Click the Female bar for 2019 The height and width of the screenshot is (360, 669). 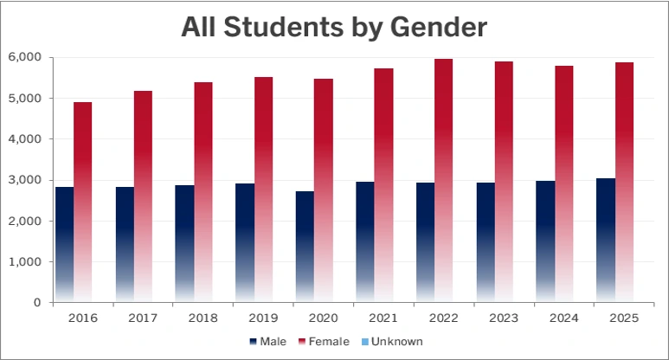tap(263, 190)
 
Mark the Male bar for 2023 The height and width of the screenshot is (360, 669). tap(485, 242)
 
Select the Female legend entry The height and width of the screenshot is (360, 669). tap(325, 341)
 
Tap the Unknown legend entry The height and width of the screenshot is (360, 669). tap(392, 341)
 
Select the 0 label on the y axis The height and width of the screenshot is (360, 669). tap(37, 303)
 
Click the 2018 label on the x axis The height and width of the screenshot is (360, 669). tap(203, 318)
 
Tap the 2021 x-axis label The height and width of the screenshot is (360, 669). tap(384, 318)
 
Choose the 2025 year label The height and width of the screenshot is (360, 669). tap(624, 318)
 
